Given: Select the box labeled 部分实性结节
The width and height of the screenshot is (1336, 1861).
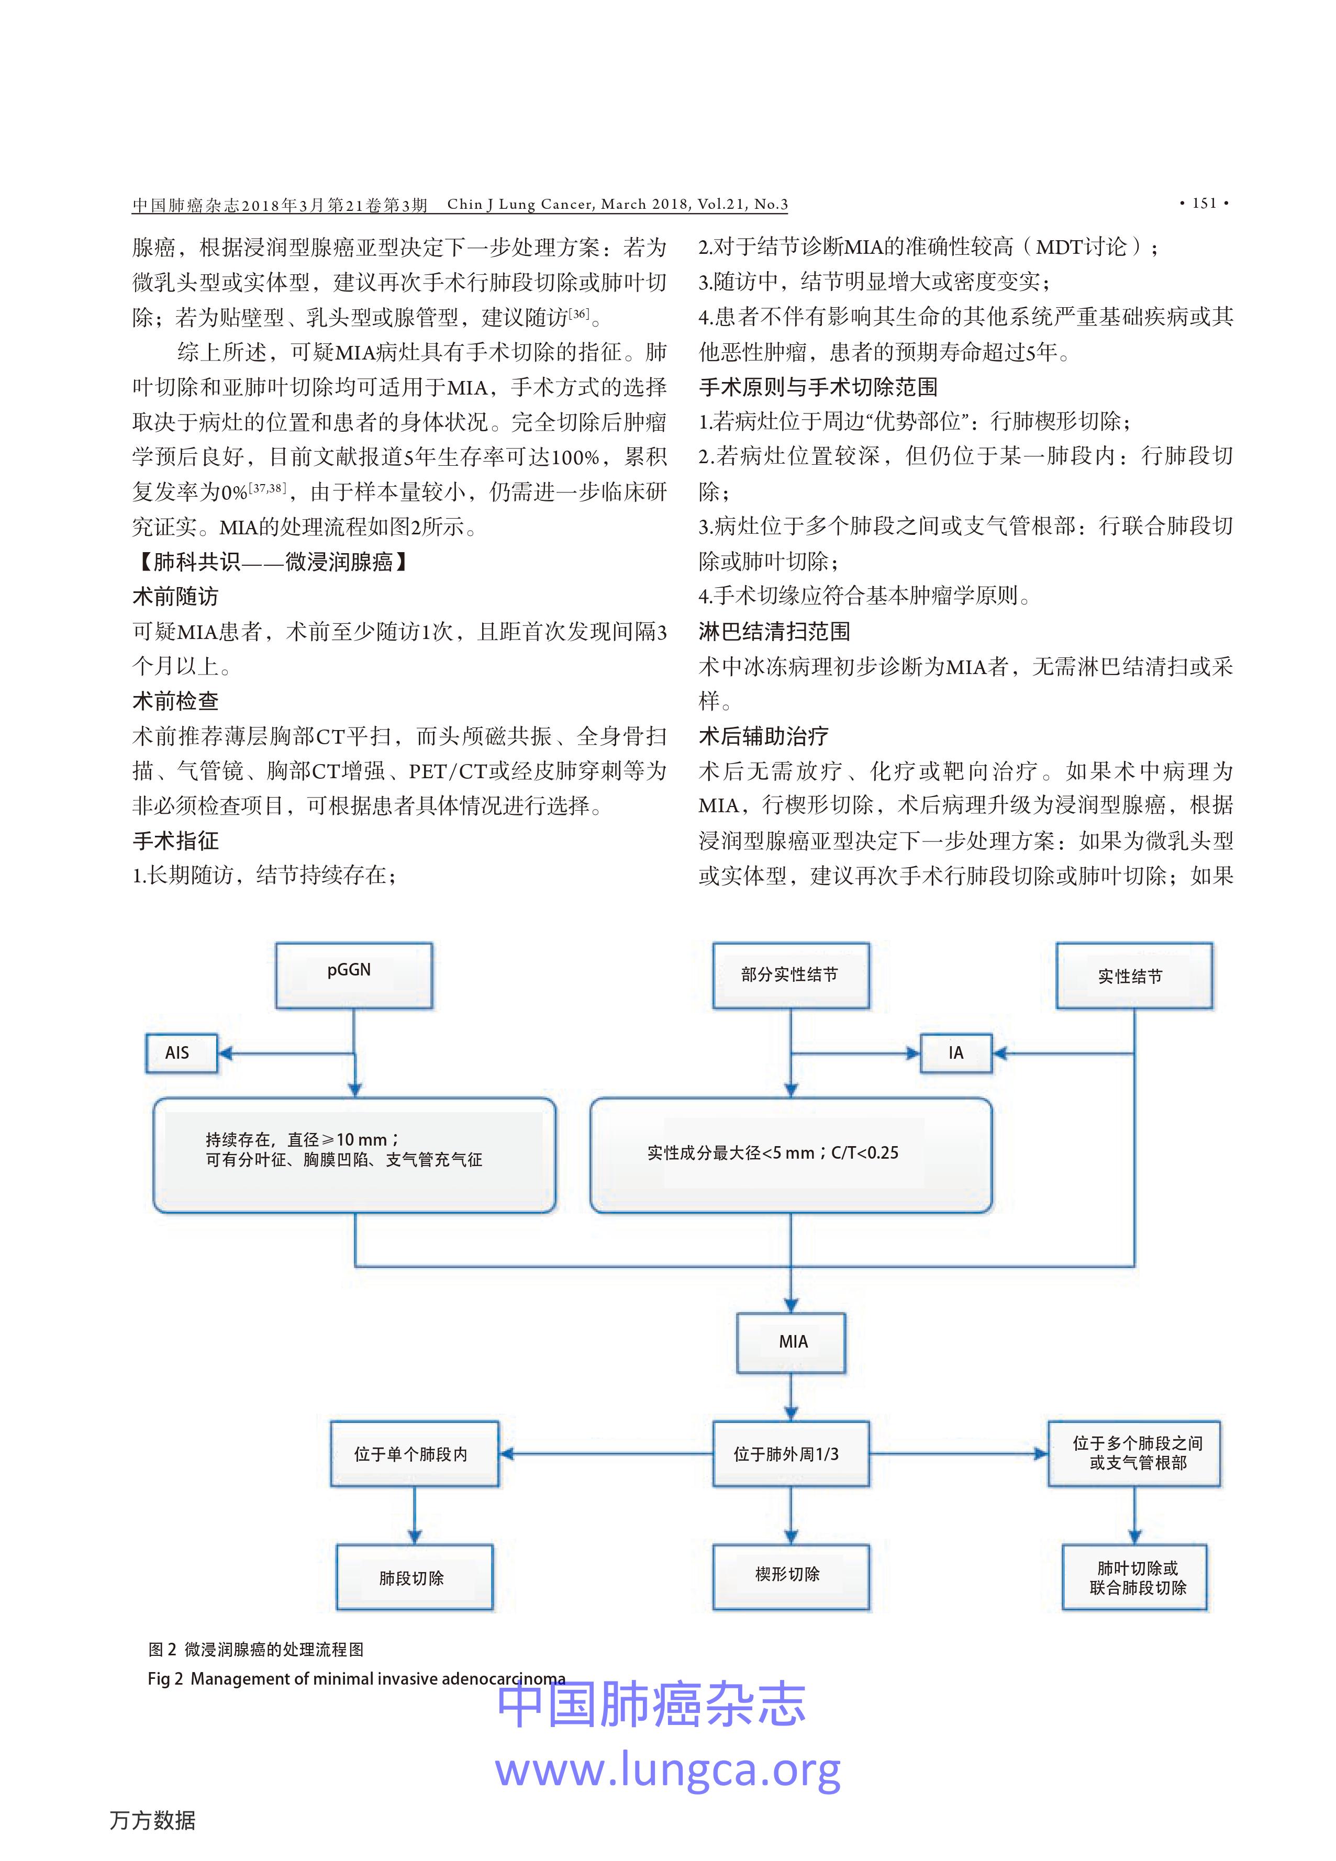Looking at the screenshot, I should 791,975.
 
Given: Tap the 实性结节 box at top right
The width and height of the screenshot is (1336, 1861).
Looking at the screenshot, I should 1133,976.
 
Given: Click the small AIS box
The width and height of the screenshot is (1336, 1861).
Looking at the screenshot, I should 181,1053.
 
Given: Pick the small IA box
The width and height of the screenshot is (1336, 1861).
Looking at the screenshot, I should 955,1053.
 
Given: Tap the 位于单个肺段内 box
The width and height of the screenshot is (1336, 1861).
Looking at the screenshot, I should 415,1454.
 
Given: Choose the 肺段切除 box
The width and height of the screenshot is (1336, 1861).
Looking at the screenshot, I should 415,1578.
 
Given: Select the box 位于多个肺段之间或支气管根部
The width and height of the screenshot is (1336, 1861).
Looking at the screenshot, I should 1134,1454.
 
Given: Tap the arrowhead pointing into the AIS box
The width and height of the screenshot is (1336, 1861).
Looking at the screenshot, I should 224,1053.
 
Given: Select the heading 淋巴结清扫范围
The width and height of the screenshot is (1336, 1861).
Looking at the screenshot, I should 774,631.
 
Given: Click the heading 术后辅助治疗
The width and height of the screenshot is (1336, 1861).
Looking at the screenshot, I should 763,736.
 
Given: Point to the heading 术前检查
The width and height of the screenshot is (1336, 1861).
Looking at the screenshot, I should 175,701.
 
